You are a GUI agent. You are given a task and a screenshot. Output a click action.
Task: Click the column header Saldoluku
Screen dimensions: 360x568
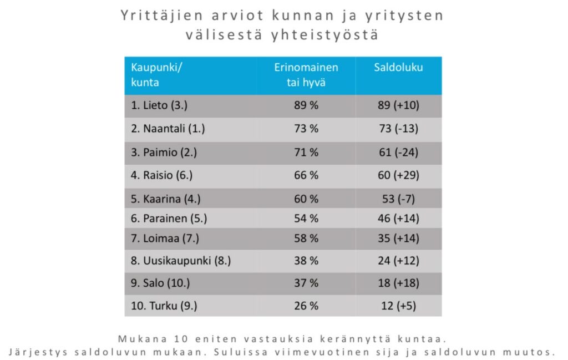pyautogui.click(x=398, y=68)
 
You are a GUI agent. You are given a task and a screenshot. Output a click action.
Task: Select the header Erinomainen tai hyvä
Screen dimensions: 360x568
pyautogui.click(x=306, y=75)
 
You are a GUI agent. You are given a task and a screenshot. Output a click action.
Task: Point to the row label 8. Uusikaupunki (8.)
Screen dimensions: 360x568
pyautogui.click(x=181, y=261)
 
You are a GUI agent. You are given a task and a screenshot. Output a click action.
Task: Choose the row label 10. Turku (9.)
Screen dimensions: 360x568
pyautogui.click(x=164, y=306)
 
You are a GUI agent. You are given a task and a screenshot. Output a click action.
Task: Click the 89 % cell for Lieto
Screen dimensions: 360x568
pyautogui.click(x=306, y=105)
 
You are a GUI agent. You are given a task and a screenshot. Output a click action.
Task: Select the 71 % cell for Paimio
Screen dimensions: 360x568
pyautogui.click(x=306, y=152)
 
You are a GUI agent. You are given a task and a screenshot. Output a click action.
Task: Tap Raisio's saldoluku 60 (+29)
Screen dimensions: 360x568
pyautogui.click(x=398, y=175)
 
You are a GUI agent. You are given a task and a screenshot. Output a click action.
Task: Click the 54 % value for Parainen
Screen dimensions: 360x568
pyautogui.click(x=306, y=219)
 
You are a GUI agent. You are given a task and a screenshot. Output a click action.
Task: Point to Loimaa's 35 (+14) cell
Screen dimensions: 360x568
pyautogui.click(x=398, y=239)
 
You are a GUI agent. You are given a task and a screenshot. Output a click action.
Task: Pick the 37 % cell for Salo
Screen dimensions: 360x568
pyautogui.click(x=306, y=283)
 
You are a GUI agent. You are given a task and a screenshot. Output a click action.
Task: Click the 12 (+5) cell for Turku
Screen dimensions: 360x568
pyautogui.click(x=398, y=306)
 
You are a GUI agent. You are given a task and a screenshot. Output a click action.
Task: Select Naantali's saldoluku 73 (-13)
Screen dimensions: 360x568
pyautogui.click(x=398, y=129)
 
